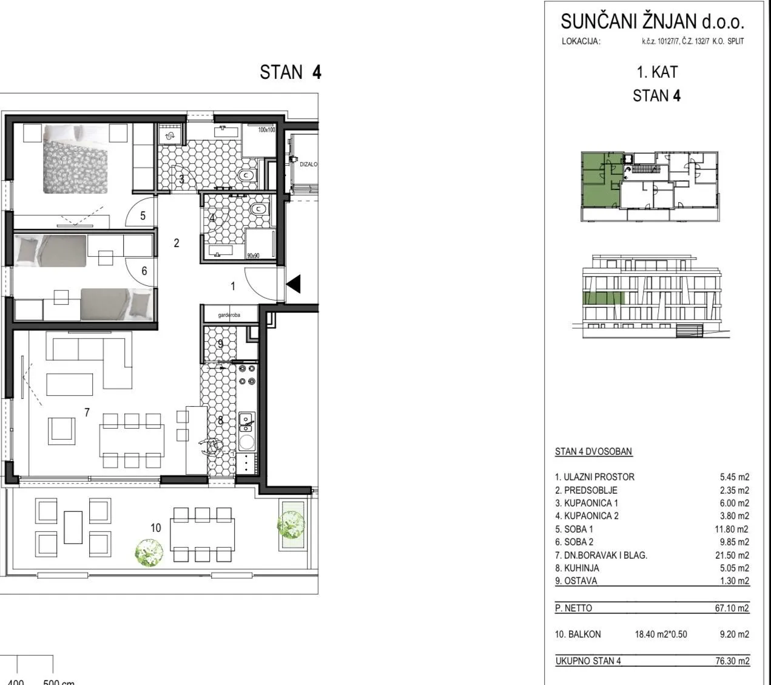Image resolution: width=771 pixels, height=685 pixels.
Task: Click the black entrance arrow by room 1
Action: (x=294, y=284)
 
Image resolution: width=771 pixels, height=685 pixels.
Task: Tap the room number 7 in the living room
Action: (x=87, y=412)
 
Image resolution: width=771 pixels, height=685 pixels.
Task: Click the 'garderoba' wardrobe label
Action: (x=229, y=315)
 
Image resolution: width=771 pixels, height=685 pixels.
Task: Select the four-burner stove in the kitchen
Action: (x=247, y=375)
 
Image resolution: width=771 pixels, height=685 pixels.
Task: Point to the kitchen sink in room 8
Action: (x=247, y=422)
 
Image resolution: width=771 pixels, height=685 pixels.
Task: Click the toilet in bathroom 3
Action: (x=247, y=176)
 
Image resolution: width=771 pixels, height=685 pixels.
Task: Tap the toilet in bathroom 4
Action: (x=260, y=209)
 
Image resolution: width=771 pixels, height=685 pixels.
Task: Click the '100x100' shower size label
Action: (x=266, y=130)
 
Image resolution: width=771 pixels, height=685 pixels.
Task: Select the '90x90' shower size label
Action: (x=253, y=256)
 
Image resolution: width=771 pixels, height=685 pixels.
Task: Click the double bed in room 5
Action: (x=75, y=159)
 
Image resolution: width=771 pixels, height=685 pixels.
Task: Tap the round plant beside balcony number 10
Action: (x=149, y=553)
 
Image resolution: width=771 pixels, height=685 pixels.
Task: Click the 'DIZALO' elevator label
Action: (x=309, y=164)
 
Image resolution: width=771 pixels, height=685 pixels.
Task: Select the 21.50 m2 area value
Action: (x=732, y=555)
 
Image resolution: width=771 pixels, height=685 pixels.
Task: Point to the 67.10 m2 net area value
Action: (x=732, y=608)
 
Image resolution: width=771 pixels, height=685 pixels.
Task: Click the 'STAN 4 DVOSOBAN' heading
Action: (x=593, y=451)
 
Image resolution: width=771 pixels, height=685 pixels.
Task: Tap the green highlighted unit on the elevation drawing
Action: (x=604, y=298)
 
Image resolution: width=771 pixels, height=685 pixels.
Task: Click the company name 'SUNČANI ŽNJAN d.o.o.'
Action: (x=652, y=21)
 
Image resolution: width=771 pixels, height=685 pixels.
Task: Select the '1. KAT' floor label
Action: (x=657, y=72)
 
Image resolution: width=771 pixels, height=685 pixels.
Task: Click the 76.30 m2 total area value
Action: (x=732, y=661)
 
